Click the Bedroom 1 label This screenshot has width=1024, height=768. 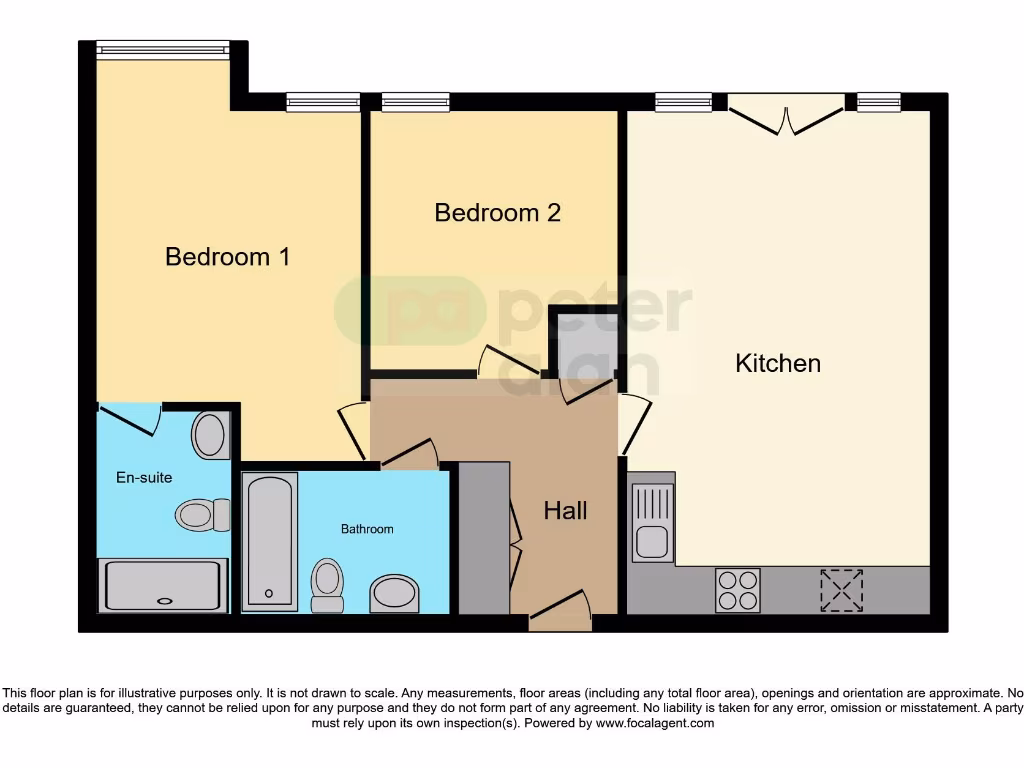tap(227, 257)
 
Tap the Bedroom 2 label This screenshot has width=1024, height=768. tap(497, 213)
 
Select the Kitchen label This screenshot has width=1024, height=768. tap(777, 363)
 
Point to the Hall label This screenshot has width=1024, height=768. tap(565, 511)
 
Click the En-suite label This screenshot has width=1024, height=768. tap(144, 477)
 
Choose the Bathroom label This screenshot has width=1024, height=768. tap(367, 529)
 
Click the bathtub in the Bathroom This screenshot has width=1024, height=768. tap(270, 540)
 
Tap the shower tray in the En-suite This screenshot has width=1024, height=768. tap(163, 585)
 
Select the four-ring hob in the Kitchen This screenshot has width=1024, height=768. tap(737, 589)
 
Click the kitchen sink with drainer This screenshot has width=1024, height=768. tap(653, 521)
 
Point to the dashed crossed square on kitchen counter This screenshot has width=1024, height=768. tap(841, 589)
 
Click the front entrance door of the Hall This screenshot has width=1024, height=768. tap(560, 610)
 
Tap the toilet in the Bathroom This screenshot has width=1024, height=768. tap(327, 585)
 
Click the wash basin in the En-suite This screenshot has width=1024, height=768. tap(210, 435)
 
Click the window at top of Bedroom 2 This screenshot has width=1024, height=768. tap(415, 102)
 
